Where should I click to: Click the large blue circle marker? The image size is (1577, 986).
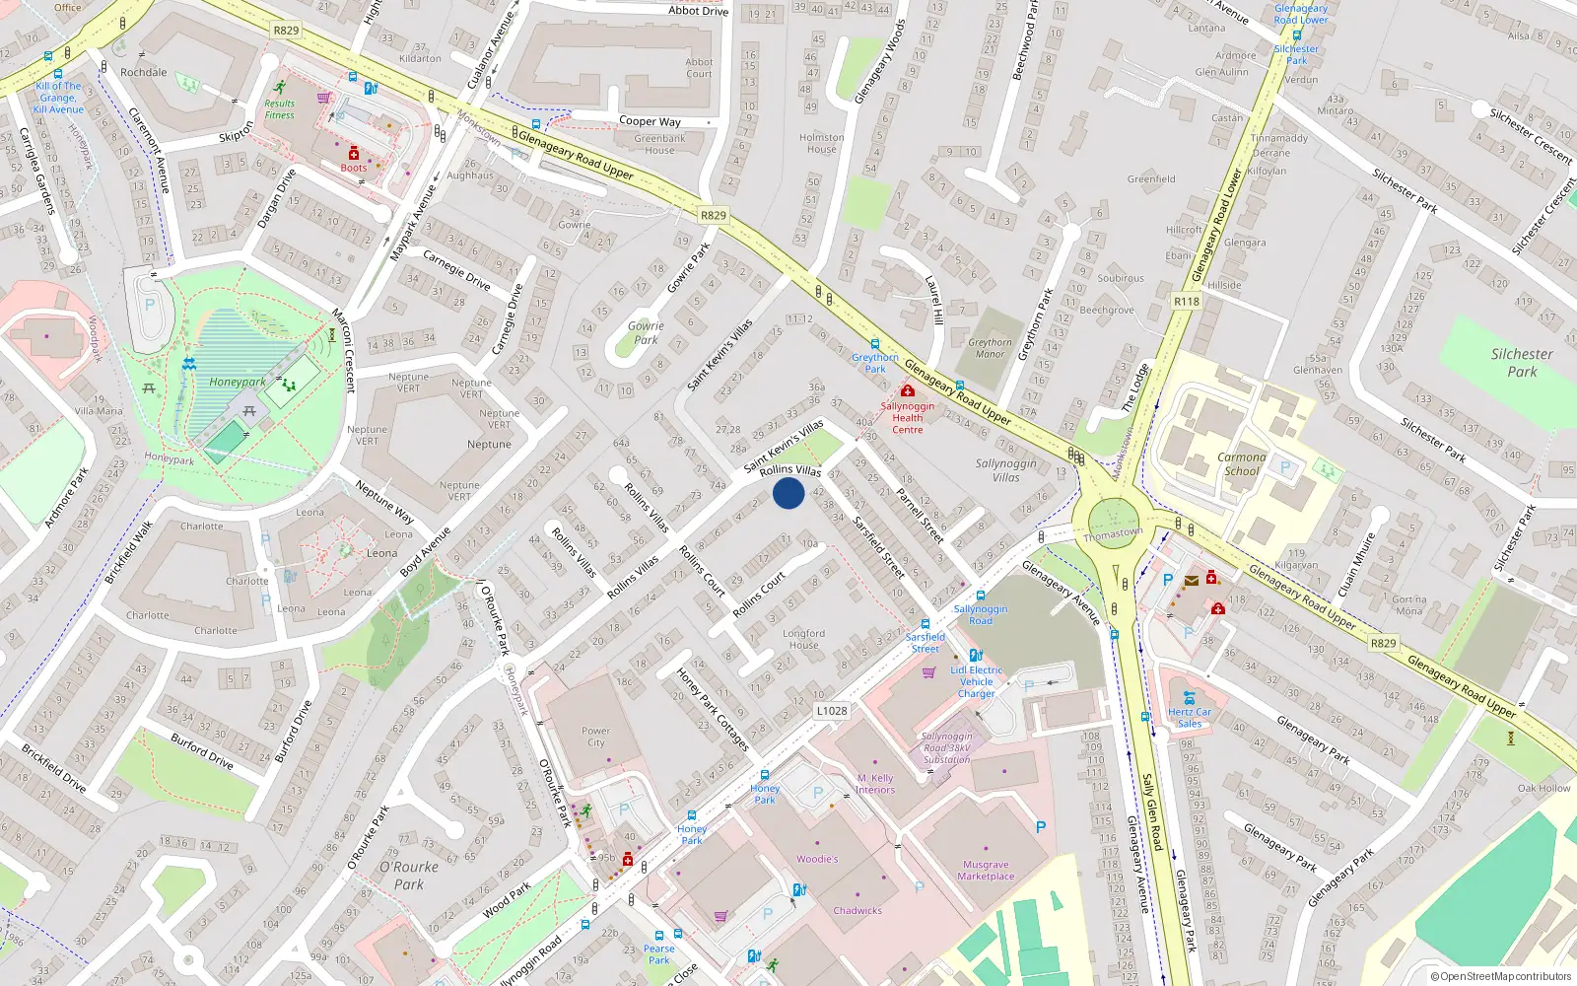788,493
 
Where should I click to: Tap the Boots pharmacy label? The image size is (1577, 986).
354,168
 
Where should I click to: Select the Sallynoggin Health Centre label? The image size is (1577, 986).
908,418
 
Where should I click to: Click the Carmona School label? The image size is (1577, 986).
1241,464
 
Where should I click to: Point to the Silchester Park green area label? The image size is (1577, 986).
1521,363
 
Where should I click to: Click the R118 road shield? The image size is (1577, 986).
1187,302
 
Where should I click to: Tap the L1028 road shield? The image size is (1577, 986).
832,711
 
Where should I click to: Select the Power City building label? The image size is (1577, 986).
595,737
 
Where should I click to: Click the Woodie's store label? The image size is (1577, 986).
817,859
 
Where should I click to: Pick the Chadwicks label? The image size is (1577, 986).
857,911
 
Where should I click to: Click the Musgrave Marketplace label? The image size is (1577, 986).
986,871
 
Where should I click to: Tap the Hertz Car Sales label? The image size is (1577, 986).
1190,718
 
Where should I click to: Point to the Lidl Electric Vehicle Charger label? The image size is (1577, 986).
976,681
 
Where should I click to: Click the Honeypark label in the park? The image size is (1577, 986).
237,383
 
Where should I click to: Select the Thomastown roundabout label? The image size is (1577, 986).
1113,534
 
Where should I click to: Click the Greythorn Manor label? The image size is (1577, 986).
990,348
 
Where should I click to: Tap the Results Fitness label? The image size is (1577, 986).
279,109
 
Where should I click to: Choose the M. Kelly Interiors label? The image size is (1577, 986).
875,784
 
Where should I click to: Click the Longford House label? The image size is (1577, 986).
803,639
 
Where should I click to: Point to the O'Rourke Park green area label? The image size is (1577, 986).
408,876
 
